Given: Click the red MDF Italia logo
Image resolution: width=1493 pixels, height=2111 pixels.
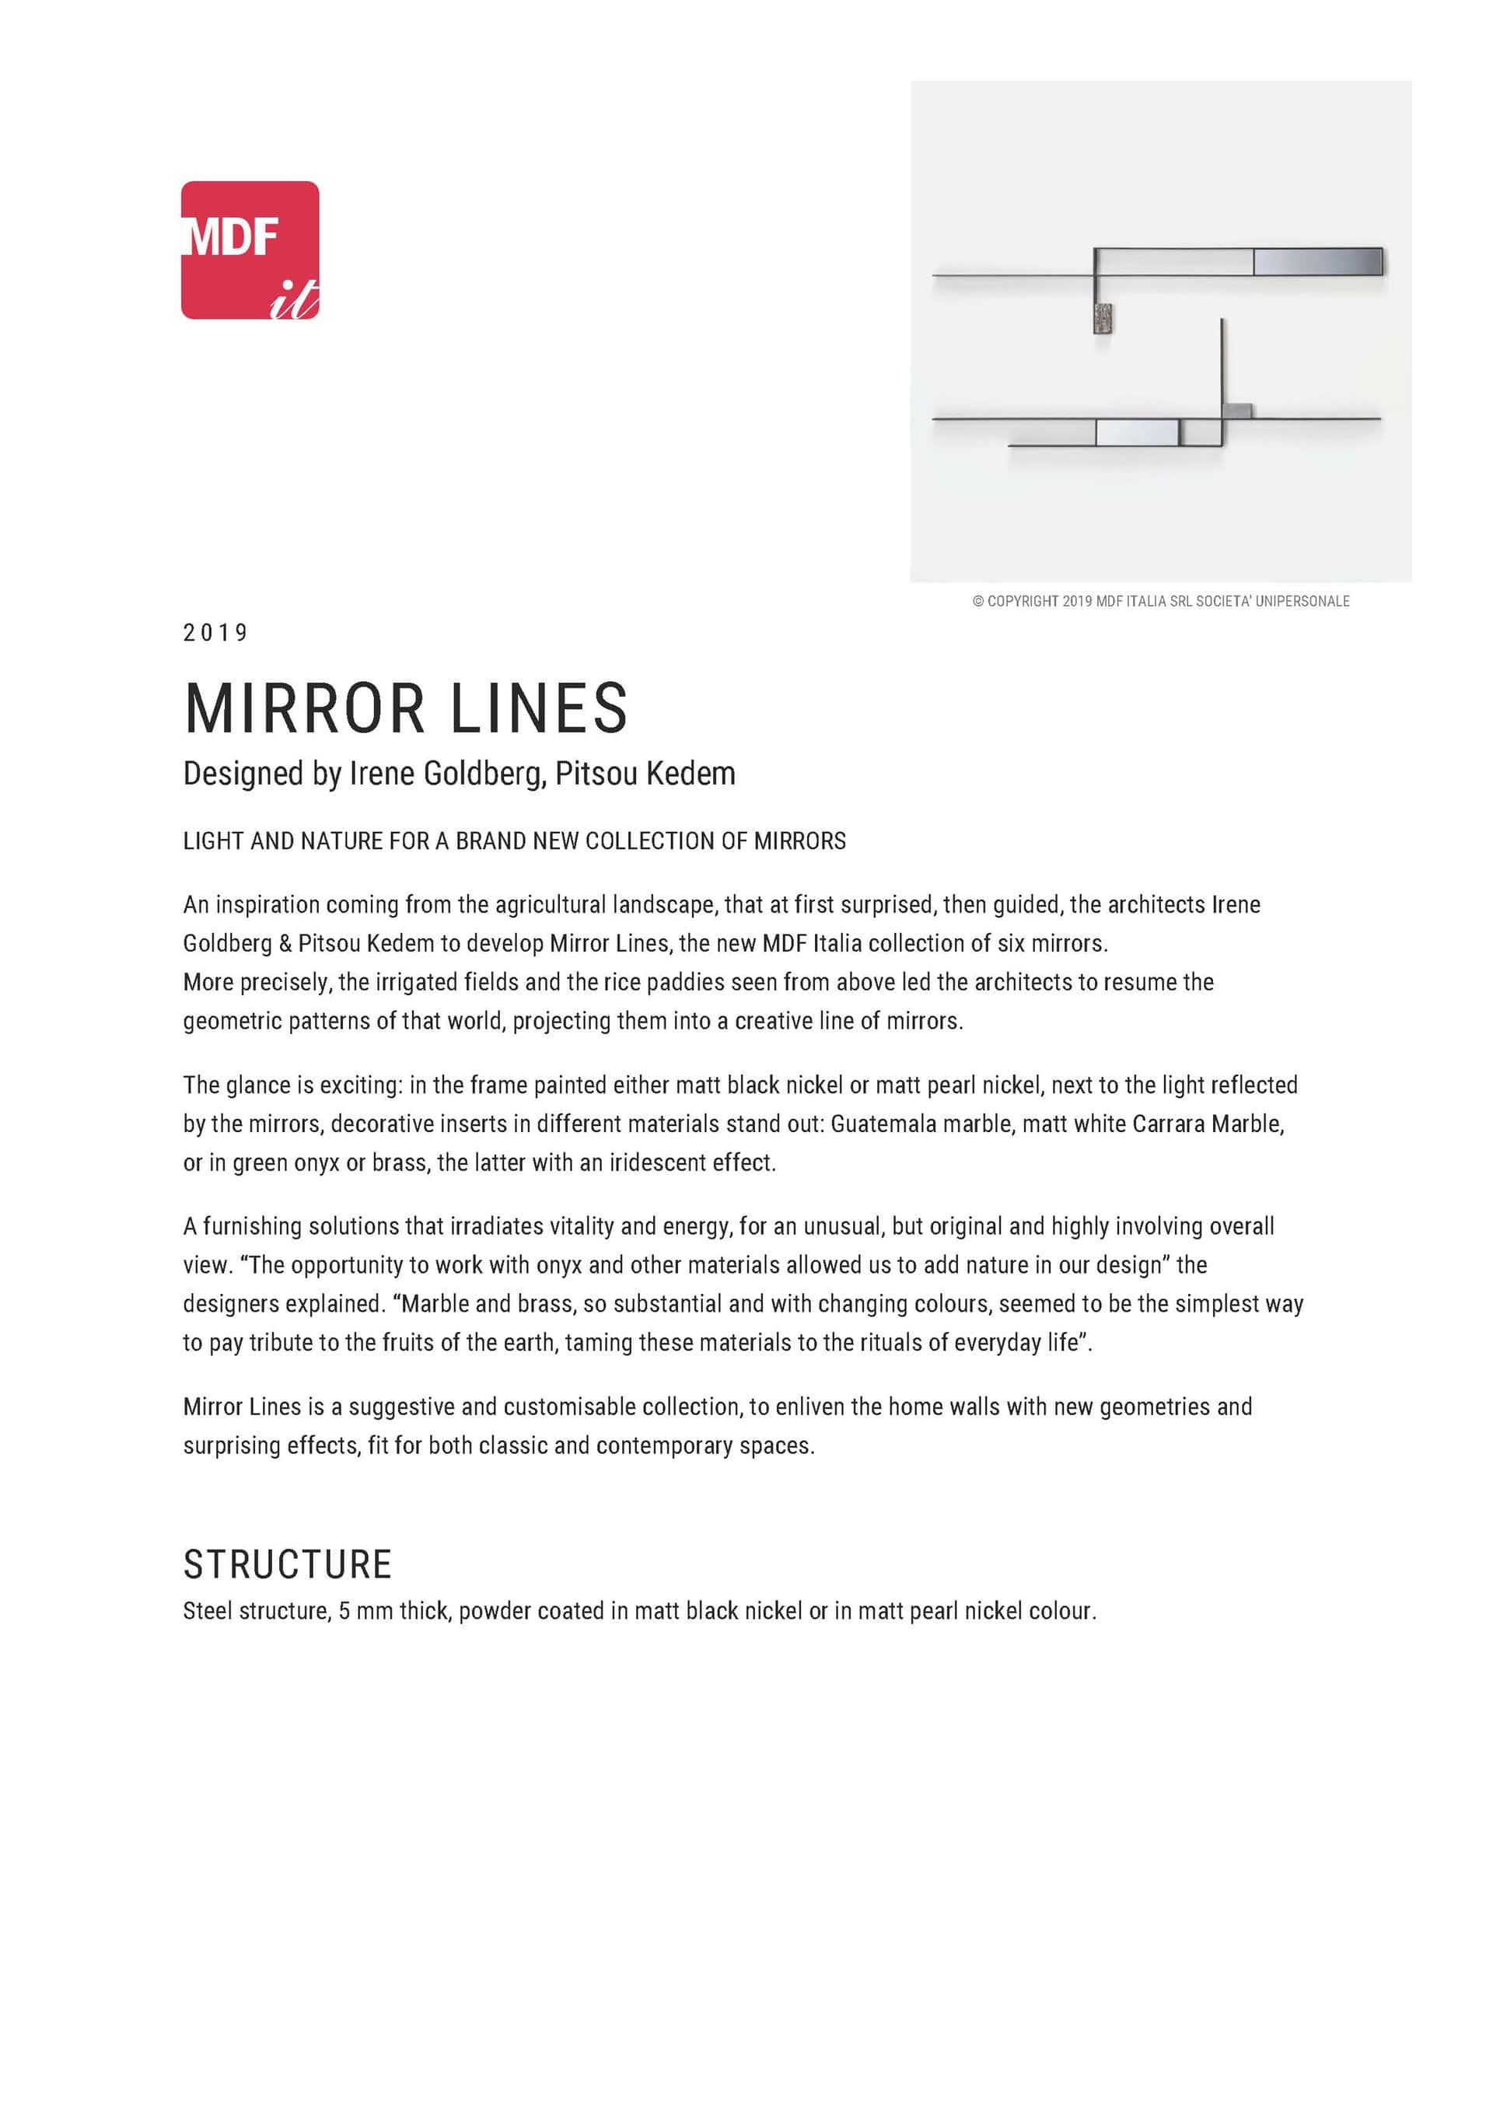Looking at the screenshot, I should tap(250, 250).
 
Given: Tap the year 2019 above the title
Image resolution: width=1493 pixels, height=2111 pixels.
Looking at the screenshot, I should tap(215, 633).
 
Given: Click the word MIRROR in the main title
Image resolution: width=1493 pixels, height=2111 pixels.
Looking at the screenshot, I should tap(304, 709).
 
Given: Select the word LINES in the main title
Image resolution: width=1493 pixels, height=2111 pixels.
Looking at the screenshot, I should tap(539, 709).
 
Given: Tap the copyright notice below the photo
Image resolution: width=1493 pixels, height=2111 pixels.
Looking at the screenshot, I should tap(1160, 601).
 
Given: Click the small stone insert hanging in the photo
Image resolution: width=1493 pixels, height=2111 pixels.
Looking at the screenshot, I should tap(1103, 317).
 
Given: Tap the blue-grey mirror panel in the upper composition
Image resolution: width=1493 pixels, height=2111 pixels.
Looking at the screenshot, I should tap(1317, 262).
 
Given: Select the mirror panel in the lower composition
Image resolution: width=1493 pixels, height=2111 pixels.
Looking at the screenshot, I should tap(1137, 432).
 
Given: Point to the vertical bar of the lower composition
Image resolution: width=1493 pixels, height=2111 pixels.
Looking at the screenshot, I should tap(1222, 368).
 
